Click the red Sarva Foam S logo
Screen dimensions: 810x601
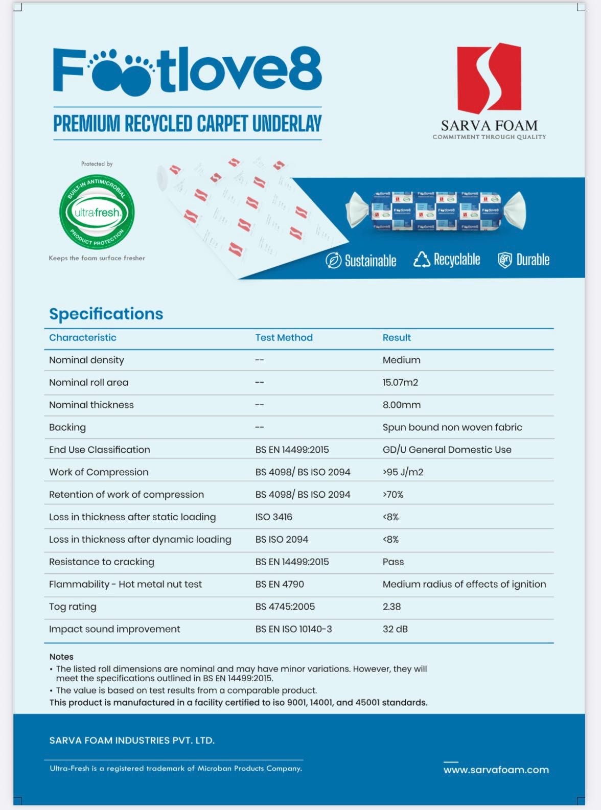pos(489,78)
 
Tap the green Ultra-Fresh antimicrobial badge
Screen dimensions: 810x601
pos(97,212)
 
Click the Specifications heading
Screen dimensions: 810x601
pos(106,314)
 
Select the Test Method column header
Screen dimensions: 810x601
pos(284,338)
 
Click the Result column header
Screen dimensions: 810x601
pos(397,338)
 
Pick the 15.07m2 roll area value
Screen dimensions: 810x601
pos(400,382)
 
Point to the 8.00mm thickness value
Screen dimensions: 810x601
pos(401,405)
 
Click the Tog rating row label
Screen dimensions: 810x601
pos(73,607)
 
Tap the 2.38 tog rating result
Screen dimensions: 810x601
pos(391,607)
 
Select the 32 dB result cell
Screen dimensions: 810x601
pos(395,629)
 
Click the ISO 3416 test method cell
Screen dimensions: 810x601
pos(273,517)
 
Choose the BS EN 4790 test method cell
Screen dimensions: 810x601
pos(280,584)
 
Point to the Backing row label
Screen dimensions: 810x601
pos(67,427)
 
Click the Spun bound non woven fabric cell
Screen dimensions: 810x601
pos(452,427)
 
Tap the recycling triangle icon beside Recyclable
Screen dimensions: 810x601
pos(422,260)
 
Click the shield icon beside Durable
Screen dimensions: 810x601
pos(505,260)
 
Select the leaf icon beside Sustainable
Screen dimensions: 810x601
pos(333,261)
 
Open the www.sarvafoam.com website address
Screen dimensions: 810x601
pos(496,770)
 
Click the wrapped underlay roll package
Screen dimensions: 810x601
pos(435,210)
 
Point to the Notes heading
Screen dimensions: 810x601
pos(61,657)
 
